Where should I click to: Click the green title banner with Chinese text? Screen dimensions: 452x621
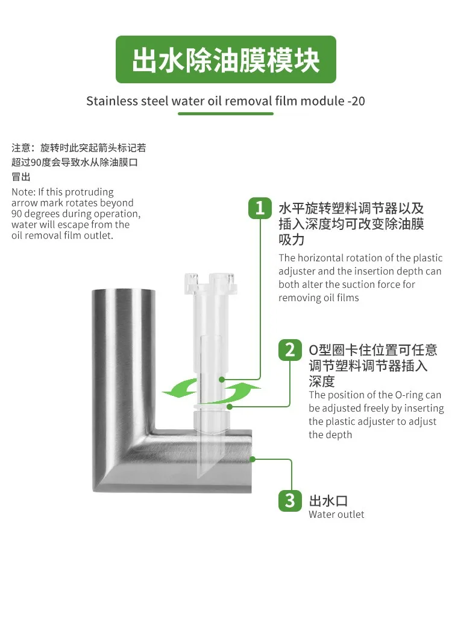[226, 59]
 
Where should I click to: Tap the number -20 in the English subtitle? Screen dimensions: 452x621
[356, 101]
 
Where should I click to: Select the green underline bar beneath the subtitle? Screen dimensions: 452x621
[225, 113]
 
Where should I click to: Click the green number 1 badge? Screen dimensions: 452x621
[260, 208]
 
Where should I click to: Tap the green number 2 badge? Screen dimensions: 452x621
[290, 350]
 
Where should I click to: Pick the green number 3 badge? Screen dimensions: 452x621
[290, 501]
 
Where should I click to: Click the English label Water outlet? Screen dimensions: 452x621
[336, 514]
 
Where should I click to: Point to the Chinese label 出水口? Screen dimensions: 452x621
[328, 501]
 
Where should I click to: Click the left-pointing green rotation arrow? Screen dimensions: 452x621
[180, 389]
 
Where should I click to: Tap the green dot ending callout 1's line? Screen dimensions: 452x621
[222, 380]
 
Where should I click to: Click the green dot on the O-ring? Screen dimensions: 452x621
[230, 406]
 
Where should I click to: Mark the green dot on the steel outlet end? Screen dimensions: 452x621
[253, 459]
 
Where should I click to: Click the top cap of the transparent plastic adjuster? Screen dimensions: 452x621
[210, 282]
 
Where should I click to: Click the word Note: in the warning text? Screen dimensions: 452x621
[24, 192]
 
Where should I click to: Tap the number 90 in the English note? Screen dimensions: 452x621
[17, 214]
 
